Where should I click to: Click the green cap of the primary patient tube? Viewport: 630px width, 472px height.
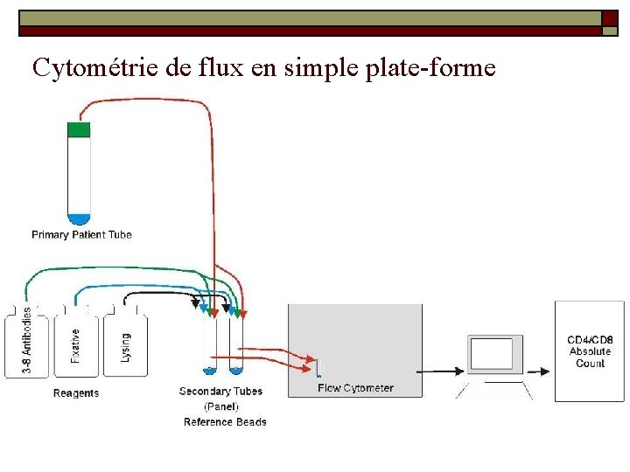pos(79,130)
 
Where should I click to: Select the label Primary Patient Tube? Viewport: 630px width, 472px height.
pos(81,234)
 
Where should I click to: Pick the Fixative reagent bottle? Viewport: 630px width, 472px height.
pos(75,344)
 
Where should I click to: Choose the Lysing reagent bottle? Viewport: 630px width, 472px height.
pos(125,344)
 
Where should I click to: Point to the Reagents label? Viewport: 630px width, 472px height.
pos(76,393)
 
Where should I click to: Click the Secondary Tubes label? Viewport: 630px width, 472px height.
pos(220,391)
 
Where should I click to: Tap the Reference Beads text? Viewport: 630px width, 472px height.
pos(225,422)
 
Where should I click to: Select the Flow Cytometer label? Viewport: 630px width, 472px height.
pos(355,388)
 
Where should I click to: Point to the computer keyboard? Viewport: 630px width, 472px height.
pos(497,391)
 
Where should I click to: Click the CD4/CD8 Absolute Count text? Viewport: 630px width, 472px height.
pos(590,351)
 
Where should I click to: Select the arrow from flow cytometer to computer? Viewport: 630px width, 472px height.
pos(443,371)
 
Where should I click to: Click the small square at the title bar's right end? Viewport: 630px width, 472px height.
pos(610,31)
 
